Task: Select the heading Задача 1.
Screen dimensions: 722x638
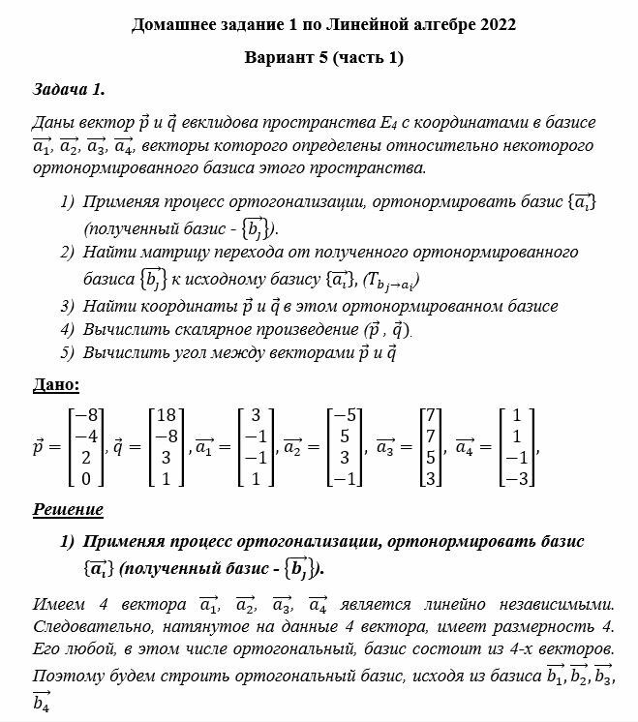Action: pos(68,90)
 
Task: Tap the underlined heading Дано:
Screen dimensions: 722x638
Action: pos(56,384)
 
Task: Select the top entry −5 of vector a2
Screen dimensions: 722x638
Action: pos(347,414)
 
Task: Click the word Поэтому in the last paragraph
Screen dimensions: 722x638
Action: pos(67,674)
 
